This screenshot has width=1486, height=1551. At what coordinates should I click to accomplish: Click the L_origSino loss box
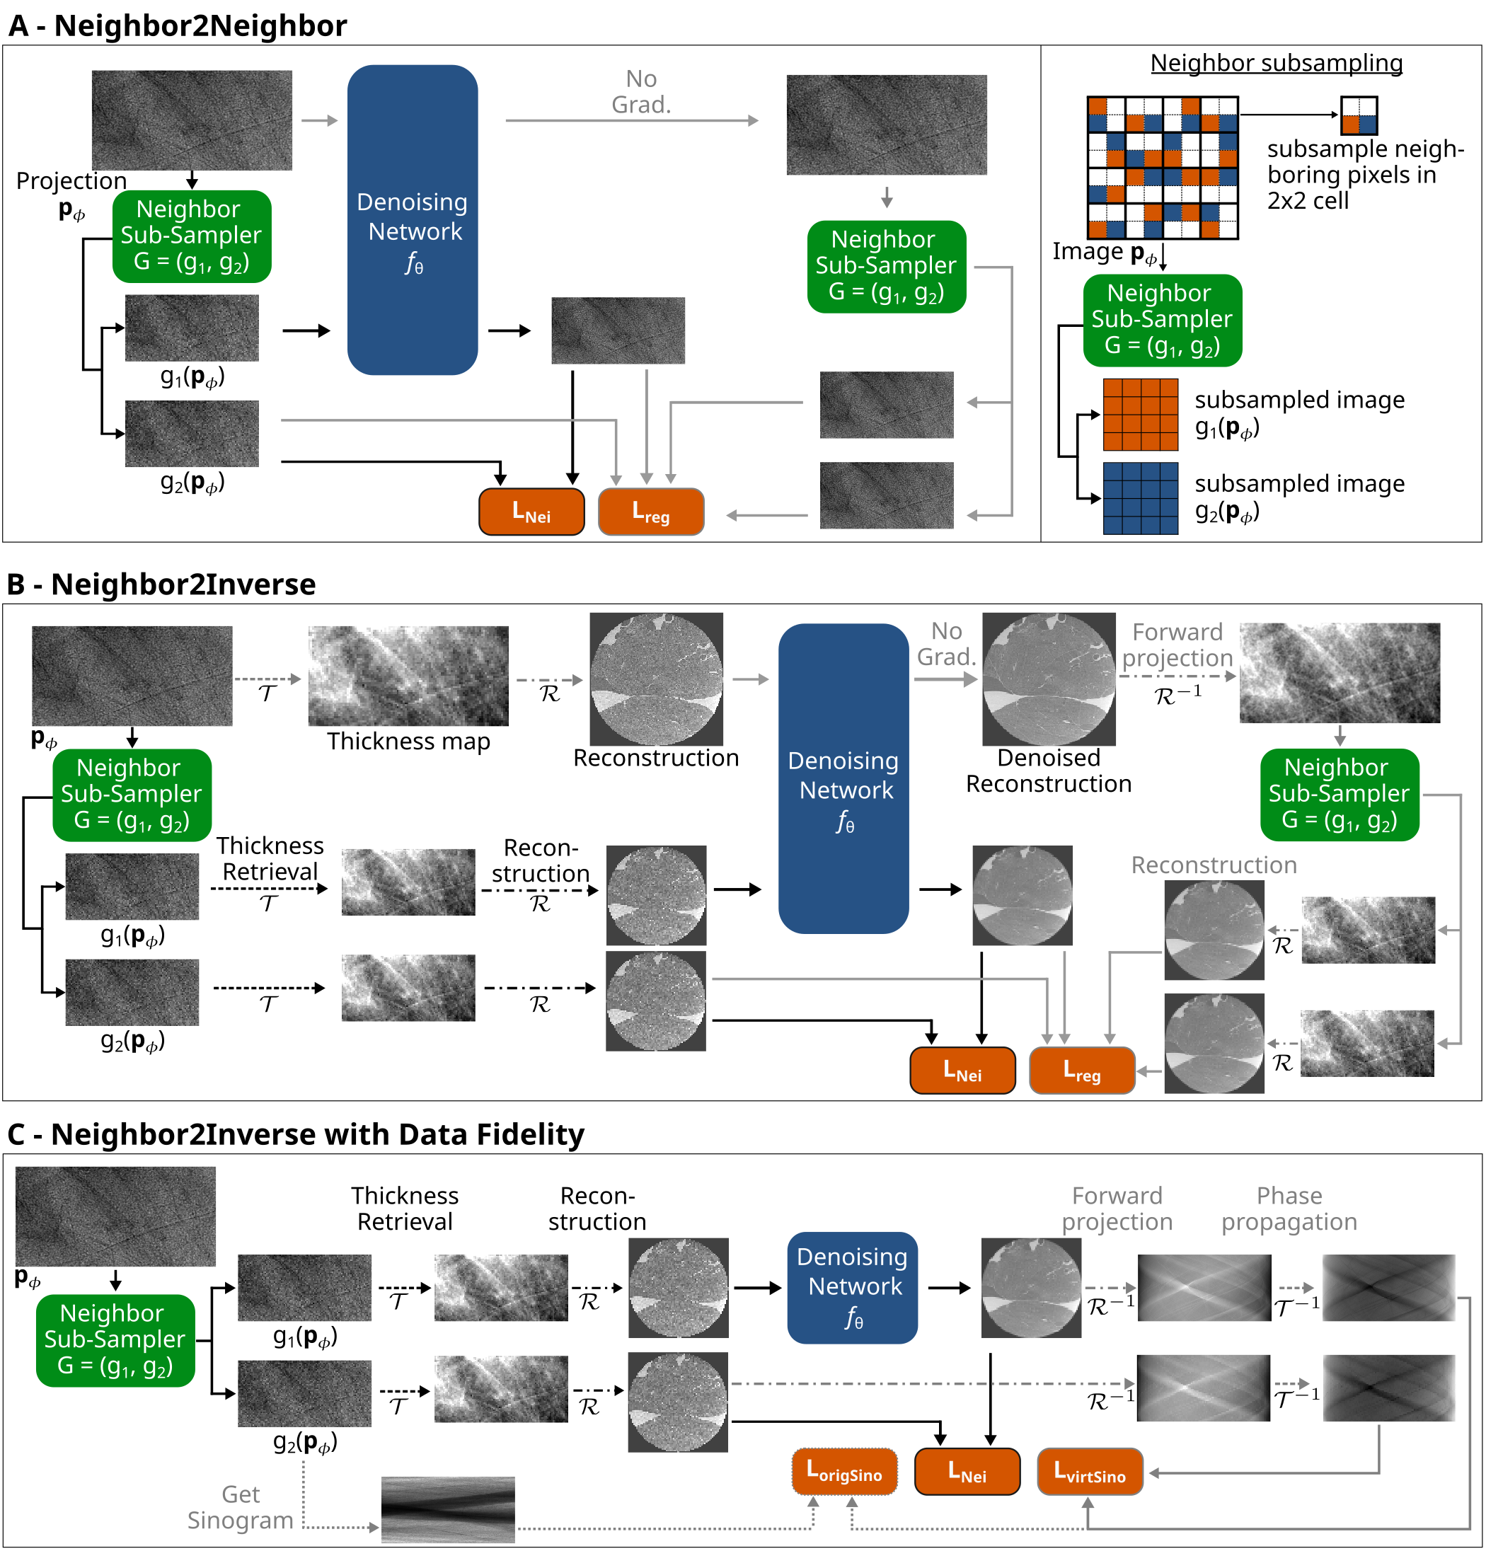coord(843,1472)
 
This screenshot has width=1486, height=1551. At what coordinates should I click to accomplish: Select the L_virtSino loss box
coord(1089,1472)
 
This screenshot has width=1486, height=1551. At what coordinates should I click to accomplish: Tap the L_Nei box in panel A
coord(531,512)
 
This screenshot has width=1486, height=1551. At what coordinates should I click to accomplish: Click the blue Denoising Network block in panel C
coord(851,1288)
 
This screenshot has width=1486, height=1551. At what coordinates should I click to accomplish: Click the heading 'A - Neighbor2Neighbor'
coord(177,26)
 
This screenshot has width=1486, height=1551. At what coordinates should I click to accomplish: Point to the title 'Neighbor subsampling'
coord(1276,62)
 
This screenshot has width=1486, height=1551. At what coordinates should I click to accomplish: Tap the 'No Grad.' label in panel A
coord(641,92)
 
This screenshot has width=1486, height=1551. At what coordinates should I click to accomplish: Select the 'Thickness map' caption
coord(408,742)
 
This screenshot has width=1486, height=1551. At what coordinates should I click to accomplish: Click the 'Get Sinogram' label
coord(240,1506)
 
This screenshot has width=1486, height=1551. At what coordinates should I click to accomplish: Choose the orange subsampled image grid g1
coord(1140,415)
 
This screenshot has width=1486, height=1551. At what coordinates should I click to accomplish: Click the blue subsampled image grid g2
coord(1140,499)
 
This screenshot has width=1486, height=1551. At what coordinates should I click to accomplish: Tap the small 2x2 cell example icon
coord(1359,115)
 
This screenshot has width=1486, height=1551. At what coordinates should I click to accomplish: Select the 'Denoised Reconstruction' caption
coord(1049,771)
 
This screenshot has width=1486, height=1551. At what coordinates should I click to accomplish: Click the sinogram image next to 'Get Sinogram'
coord(448,1509)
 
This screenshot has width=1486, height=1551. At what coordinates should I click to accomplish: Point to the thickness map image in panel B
coord(408,676)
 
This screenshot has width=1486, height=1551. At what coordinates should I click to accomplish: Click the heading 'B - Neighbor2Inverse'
coord(161,584)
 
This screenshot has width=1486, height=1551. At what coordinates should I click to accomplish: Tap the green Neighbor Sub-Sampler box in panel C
coord(115,1339)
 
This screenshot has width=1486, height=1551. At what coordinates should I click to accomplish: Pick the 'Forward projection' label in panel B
coord(1177,645)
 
